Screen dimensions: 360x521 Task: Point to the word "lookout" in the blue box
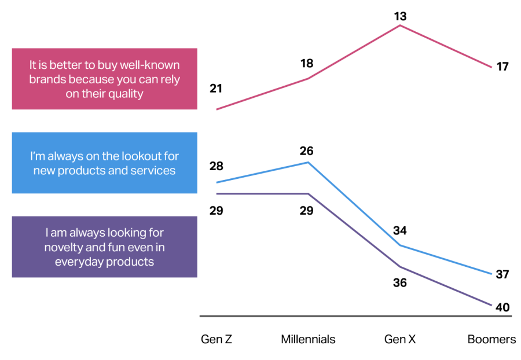click(127, 156)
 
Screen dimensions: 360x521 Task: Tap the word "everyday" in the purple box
click(78, 262)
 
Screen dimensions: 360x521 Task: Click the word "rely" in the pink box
click(168, 79)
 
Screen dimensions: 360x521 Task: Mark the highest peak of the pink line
click(400, 25)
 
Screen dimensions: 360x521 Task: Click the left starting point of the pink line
click(217, 109)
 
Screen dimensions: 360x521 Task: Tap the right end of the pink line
click(492, 67)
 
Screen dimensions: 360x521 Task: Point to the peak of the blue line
click(309, 163)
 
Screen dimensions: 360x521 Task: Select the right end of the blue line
click(492, 274)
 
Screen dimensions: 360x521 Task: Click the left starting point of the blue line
click(217, 183)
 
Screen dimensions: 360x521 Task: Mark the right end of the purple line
click(492, 305)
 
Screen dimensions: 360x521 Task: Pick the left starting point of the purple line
click(217, 194)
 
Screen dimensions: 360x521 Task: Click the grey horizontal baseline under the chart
click(355, 316)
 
